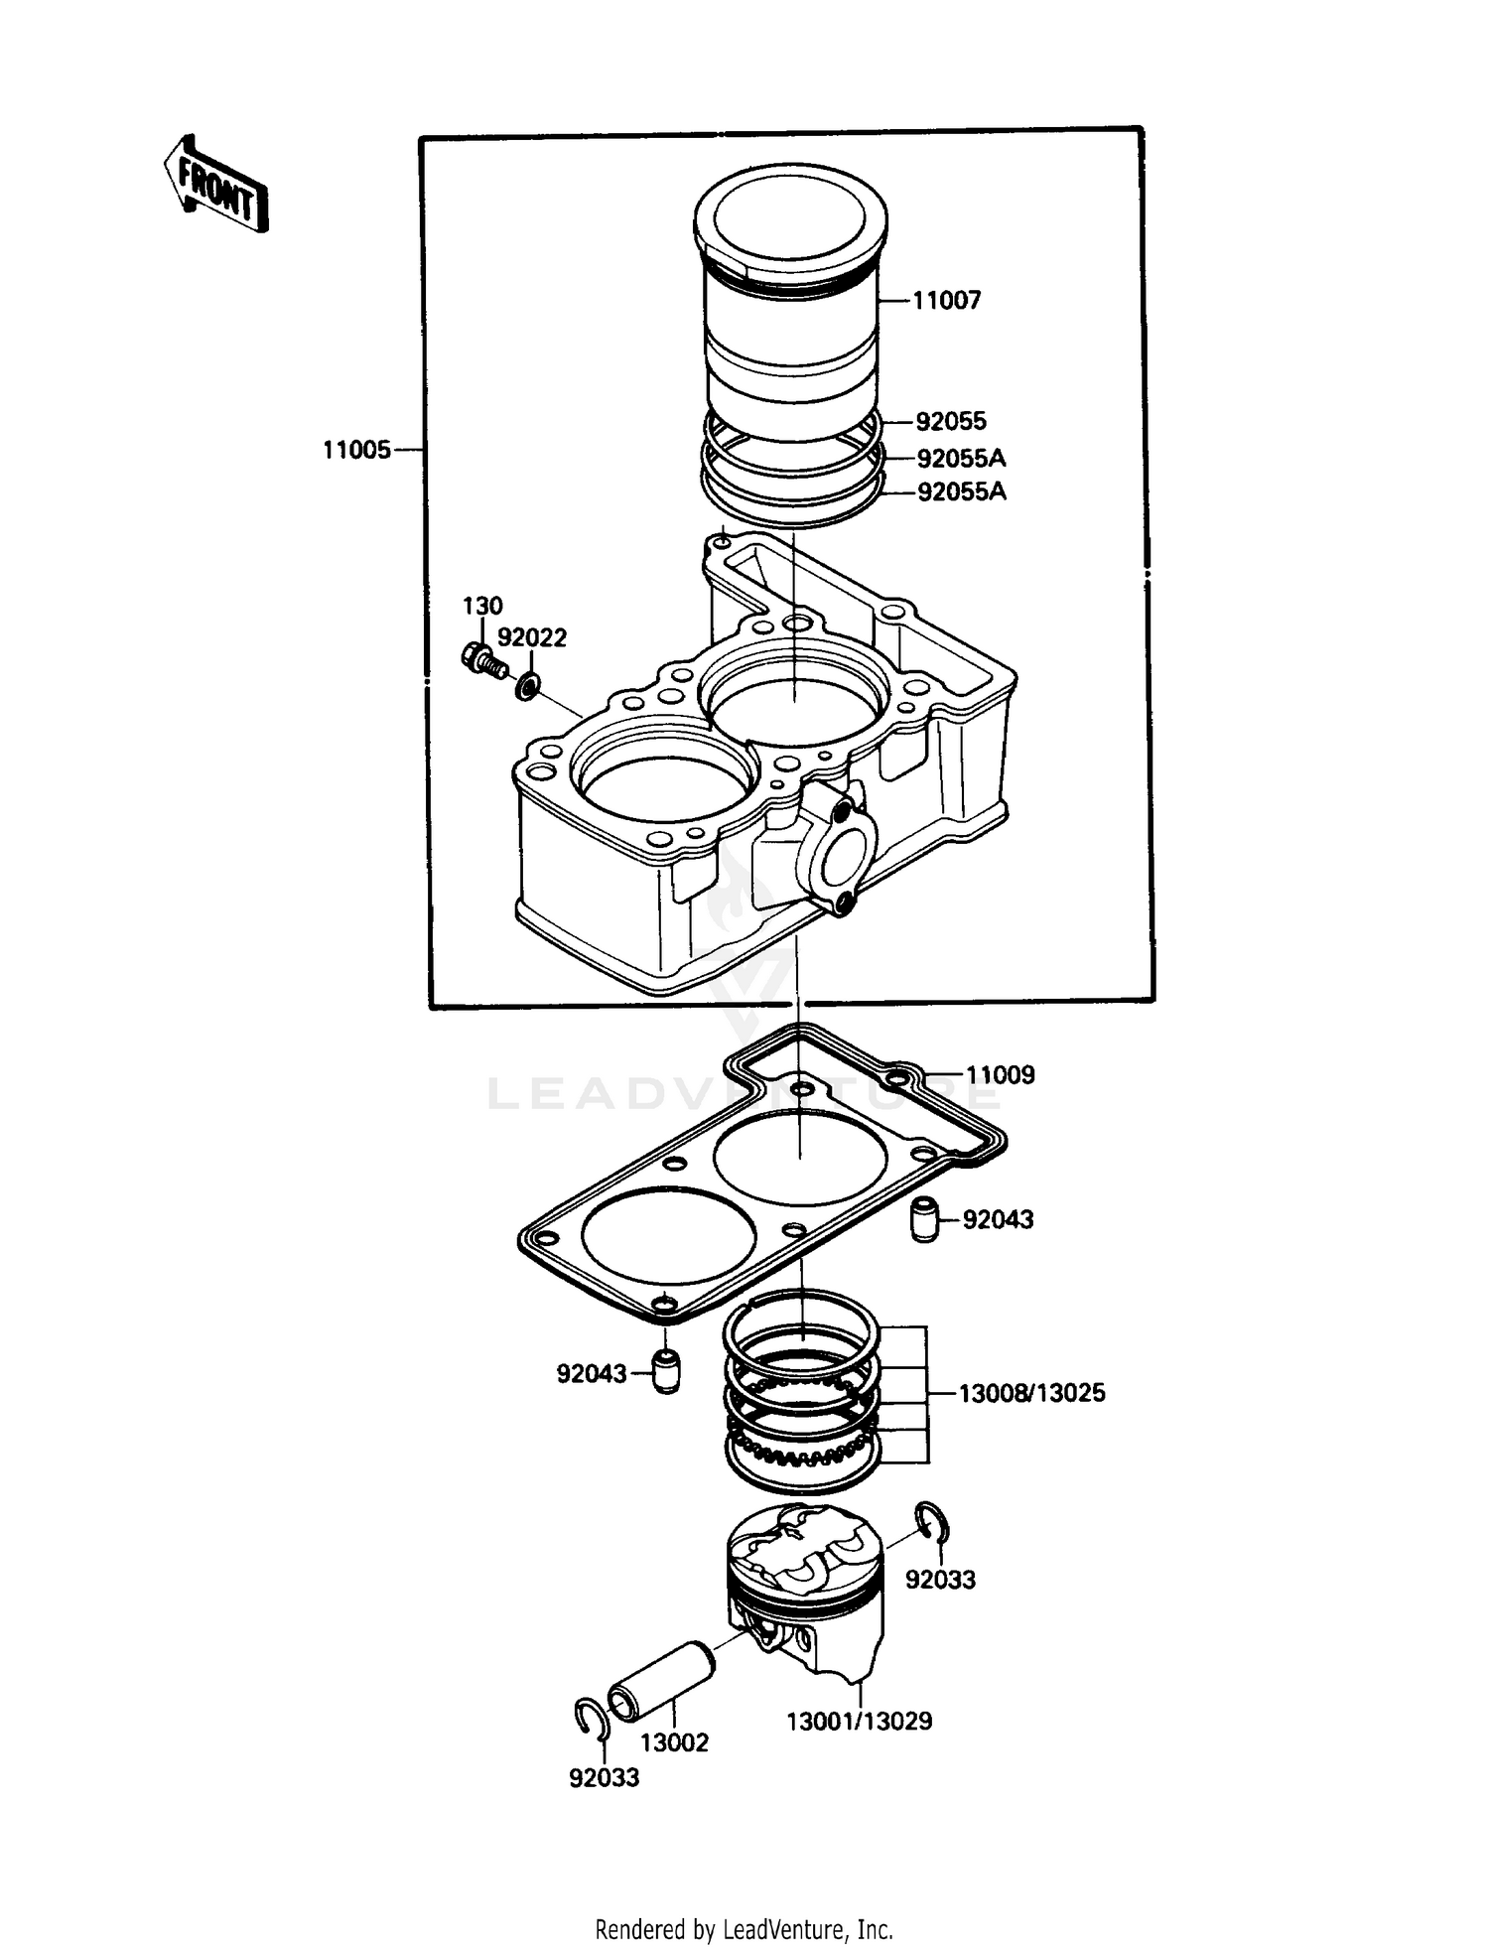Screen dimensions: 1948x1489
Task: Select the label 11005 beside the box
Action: [356, 451]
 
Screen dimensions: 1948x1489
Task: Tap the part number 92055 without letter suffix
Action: [950, 422]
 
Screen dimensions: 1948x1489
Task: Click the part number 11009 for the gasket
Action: [1000, 1075]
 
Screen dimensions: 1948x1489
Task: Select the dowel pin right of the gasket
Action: [924, 1220]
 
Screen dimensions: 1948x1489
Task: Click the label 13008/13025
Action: [1031, 1394]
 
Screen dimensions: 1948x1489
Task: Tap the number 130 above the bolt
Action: [482, 606]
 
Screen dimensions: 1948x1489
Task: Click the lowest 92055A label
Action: [961, 492]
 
